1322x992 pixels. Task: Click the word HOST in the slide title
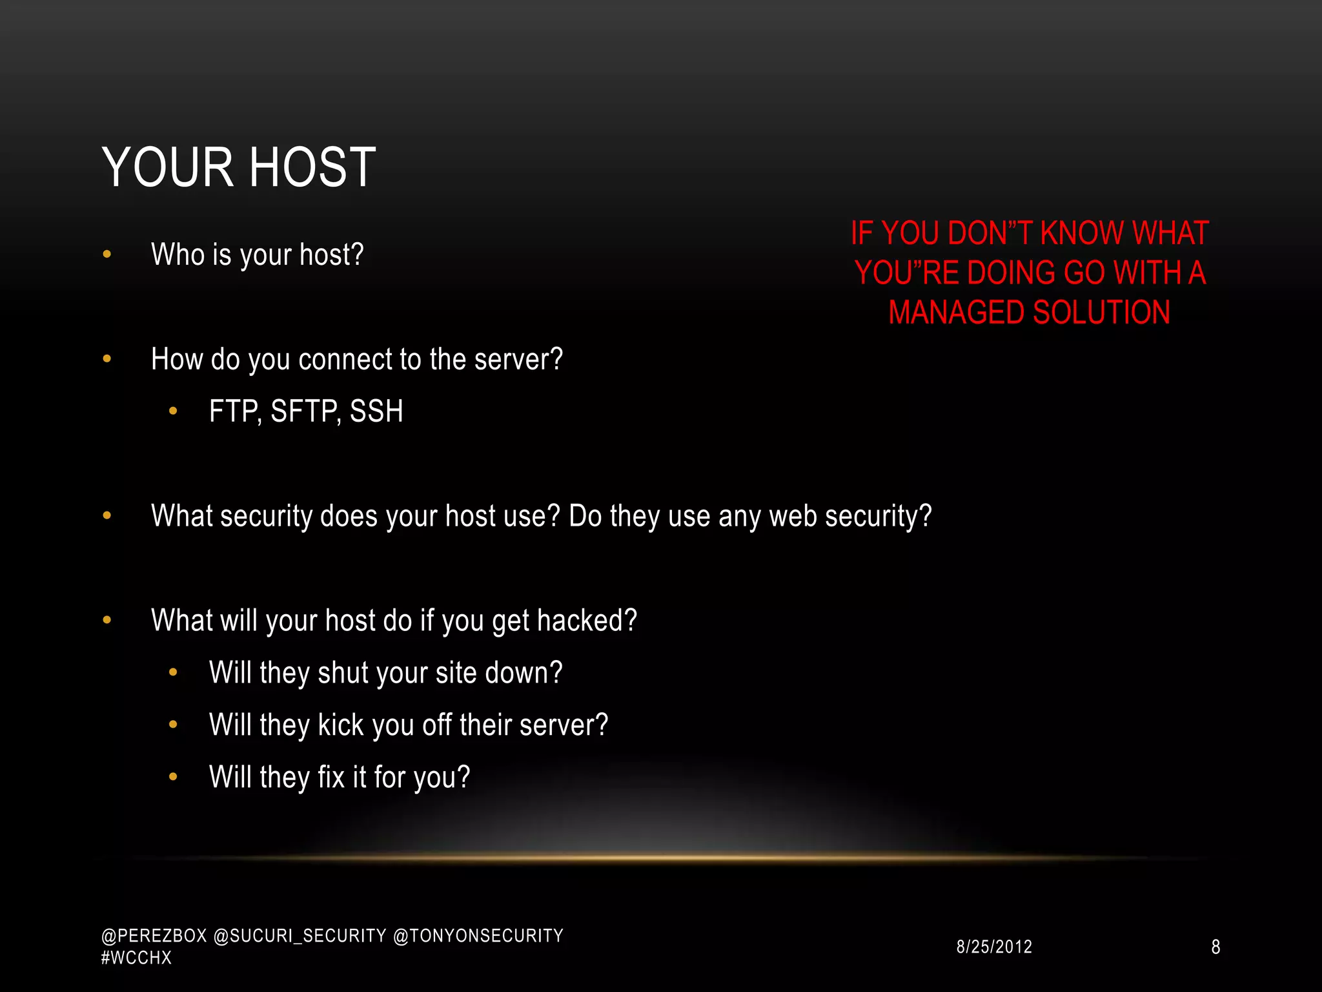[x=312, y=167]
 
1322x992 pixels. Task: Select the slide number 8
[x=1215, y=947]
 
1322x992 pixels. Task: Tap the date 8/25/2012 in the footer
[x=994, y=947]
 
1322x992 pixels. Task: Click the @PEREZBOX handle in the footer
[x=154, y=936]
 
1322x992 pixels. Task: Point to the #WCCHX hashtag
[x=136, y=958]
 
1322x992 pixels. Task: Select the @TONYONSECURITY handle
[x=478, y=936]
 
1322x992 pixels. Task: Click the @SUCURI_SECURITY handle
[x=300, y=936]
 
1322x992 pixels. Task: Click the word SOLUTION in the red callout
[x=1101, y=313]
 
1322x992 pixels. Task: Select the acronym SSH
[x=376, y=411]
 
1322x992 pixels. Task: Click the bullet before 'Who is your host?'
[x=107, y=254]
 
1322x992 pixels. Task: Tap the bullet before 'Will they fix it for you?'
[x=173, y=777]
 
